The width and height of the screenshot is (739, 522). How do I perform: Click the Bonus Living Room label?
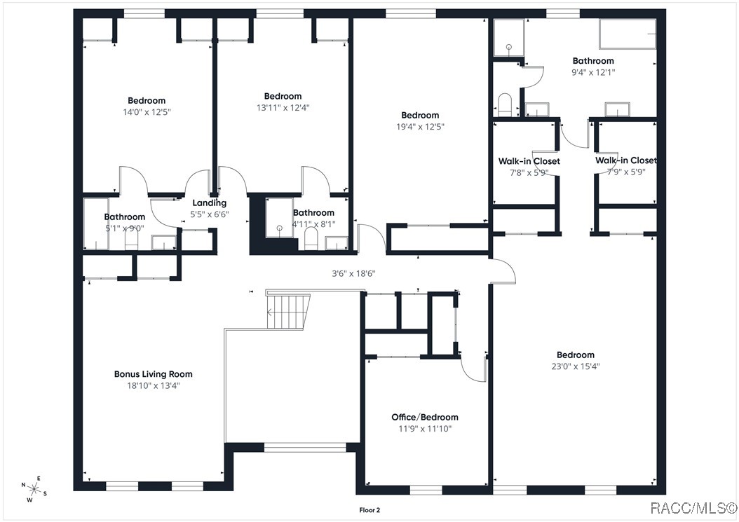153,374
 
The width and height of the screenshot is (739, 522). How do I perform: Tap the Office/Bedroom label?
425,417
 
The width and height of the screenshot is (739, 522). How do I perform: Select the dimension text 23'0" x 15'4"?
575,366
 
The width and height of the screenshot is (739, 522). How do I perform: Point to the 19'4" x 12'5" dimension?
420,127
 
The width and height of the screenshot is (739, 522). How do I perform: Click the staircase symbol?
288,310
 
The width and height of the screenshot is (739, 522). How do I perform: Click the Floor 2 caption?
369,510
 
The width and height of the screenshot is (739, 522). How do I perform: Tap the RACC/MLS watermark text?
693,507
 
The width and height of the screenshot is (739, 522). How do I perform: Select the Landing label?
210,203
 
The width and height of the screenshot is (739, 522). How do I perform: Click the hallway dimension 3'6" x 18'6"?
353,273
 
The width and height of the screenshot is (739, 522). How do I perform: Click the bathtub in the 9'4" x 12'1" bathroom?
628,34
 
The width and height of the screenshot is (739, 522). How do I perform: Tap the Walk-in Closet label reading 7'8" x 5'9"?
529,161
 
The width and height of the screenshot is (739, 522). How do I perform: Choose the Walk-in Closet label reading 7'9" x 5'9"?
625,160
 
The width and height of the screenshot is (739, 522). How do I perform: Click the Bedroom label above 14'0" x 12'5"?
147,101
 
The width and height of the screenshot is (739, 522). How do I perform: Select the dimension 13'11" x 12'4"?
283,108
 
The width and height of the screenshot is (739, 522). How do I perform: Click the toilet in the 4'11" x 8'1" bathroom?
311,240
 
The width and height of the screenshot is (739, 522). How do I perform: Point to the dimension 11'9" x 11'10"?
425,428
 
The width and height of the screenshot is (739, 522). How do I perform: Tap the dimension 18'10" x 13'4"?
153,385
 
